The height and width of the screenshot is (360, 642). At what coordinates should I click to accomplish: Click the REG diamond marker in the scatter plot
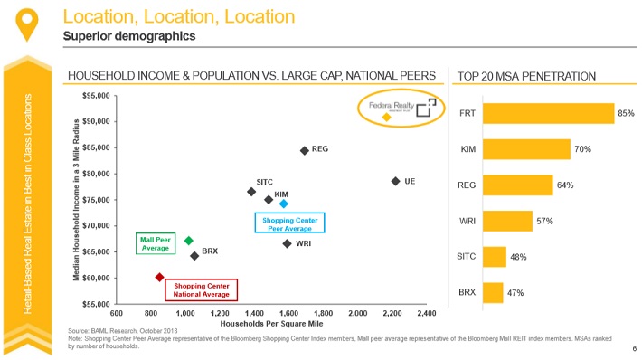point(305,150)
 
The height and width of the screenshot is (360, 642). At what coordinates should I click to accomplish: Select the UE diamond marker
point(395,182)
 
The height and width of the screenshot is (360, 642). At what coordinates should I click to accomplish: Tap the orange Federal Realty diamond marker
point(387,117)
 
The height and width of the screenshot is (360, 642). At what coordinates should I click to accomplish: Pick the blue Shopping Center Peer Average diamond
point(283,204)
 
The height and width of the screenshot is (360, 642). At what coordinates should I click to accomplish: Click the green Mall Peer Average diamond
point(188,241)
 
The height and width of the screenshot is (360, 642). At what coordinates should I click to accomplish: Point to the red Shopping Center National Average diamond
point(159,277)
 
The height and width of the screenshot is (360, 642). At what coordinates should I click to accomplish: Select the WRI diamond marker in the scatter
point(287,243)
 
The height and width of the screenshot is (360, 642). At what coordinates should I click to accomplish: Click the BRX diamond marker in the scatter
point(194,256)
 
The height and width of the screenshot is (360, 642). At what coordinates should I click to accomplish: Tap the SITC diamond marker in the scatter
point(251,192)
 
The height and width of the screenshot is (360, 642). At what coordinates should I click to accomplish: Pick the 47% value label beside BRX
point(515,293)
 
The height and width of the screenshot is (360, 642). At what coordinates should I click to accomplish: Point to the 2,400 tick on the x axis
point(427,313)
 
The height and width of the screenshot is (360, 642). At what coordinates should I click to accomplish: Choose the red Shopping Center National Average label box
point(200,289)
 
